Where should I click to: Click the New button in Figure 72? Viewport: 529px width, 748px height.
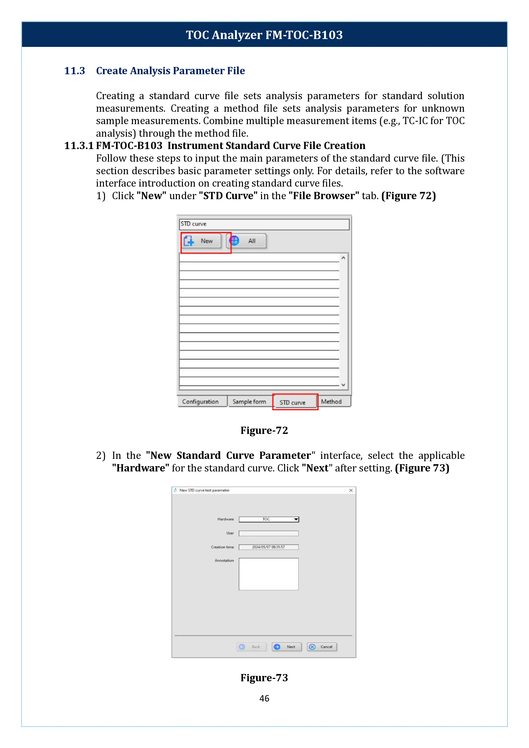click(x=201, y=241)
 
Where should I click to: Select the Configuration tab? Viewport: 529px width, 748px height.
click(x=201, y=402)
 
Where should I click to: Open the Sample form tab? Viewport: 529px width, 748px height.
click(x=249, y=402)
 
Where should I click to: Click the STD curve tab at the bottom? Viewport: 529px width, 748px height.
click(x=293, y=402)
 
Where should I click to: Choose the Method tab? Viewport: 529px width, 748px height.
click(x=332, y=402)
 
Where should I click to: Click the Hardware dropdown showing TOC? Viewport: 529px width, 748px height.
click(x=269, y=519)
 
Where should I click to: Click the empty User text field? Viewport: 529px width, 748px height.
click(x=269, y=533)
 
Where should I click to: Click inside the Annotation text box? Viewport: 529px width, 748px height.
click(x=269, y=574)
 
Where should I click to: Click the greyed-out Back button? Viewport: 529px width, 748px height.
click(x=251, y=647)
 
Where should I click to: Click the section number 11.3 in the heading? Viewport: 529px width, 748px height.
click(x=75, y=71)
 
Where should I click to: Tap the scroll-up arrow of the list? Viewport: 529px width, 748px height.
click(x=343, y=258)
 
